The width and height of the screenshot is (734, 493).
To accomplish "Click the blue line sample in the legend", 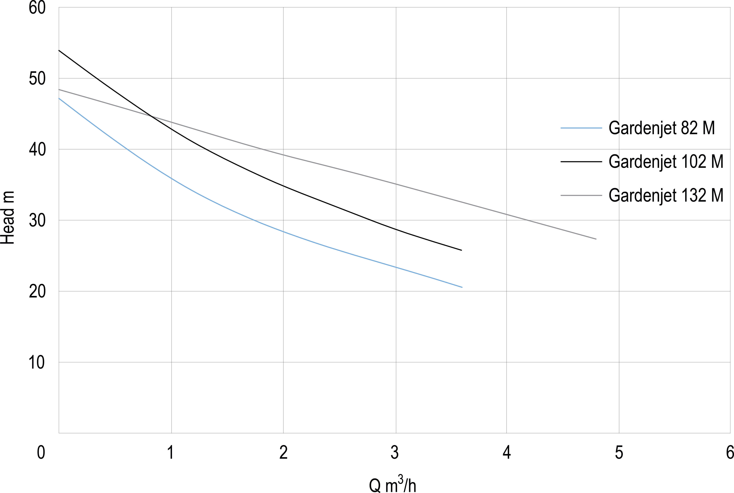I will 581,128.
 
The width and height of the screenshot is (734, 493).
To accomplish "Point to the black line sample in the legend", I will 581,162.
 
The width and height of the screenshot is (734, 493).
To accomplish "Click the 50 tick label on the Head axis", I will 37,78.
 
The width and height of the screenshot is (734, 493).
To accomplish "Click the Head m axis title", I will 8,218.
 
